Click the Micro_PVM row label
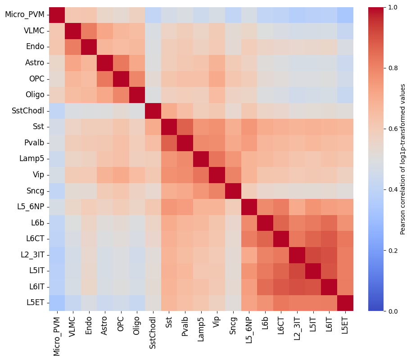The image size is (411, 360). coord(25,15)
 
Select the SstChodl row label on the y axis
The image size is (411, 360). coord(28,111)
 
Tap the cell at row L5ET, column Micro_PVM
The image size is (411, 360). coord(57,302)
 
